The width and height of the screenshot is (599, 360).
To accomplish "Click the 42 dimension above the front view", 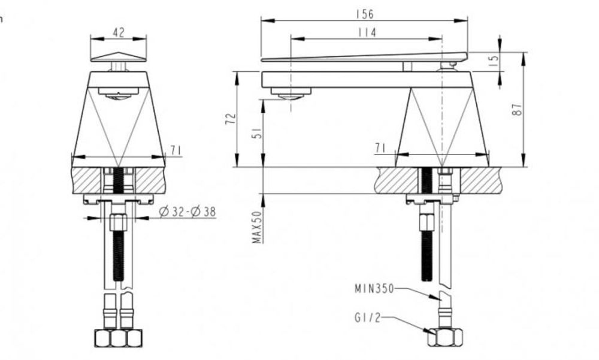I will pyautogui.click(x=119, y=33).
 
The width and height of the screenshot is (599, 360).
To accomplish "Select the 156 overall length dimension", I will pyautogui.click(x=364, y=14).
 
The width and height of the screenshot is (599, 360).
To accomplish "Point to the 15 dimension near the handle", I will pyautogui.click(x=494, y=61).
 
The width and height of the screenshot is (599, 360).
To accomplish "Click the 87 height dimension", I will pyautogui.click(x=518, y=109).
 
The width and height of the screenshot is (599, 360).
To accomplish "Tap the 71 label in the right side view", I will pyautogui.click(x=380, y=147).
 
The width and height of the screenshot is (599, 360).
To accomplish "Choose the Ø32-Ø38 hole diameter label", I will pyautogui.click(x=187, y=212).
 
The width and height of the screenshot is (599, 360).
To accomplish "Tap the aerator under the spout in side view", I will pyautogui.click(x=291, y=93).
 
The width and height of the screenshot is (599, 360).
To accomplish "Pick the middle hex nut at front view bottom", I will pyautogui.click(x=119, y=338).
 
